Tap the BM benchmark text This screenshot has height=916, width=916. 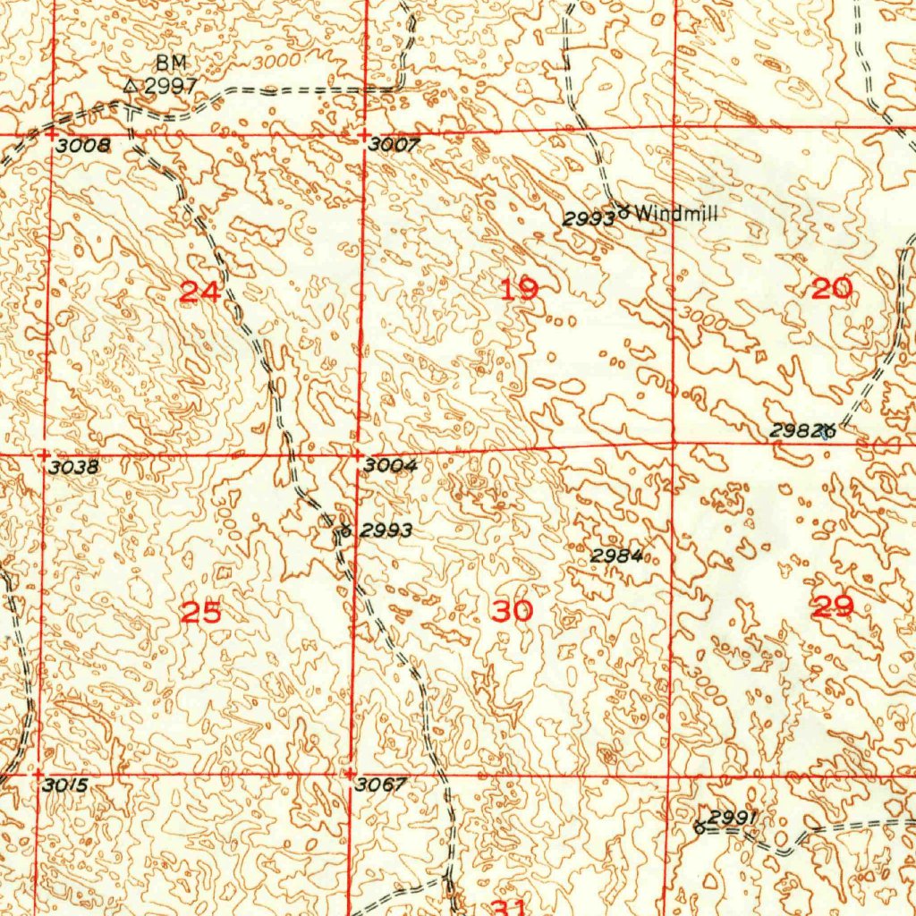pyautogui.click(x=168, y=63)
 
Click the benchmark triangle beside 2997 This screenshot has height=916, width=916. pyautogui.click(x=131, y=86)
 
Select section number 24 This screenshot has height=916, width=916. pyautogui.click(x=199, y=292)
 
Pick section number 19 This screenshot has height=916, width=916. pyautogui.click(x=520, y=289)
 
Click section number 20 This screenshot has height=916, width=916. pyautogui.click(x=832, y=288)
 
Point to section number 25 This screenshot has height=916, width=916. pyautogui.click(x=200, y=613)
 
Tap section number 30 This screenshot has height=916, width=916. pyautogui.click(x=513, y=611)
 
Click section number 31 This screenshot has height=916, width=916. pyautogui.click(x=511, y=906)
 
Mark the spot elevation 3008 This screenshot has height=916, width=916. pyautogui.click(x=81, y=147)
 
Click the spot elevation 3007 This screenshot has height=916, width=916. pyautogui.click(x=394, y=145)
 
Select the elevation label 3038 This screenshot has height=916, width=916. pyautogui.click(x=75, y=467)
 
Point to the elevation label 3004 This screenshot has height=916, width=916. pyautogui.click(x=390, y=466)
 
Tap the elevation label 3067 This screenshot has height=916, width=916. pyautogui.click(x=380, y=785)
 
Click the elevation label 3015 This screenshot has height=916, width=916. pyautogui.click(x=65, y=785)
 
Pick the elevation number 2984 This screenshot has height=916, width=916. pyautogui.click(x=616, y=556)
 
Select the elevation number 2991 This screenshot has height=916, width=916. pyautogui.click(x=734, y=817)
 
